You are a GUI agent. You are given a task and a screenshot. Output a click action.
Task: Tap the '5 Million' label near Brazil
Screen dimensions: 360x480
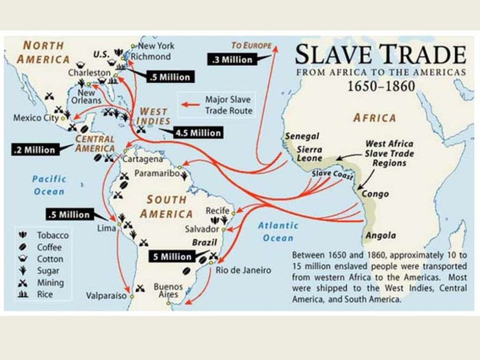pyautogui.click(x=172, y=257)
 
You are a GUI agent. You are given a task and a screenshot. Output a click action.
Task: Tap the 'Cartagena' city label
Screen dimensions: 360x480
pyautogui.click(x=142, y=159)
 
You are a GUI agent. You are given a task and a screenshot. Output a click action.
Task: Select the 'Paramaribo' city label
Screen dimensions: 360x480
pyautogui.click(x=157, y=173)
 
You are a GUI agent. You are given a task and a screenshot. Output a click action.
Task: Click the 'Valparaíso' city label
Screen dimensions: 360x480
pyautogui.click(x=106, y=296)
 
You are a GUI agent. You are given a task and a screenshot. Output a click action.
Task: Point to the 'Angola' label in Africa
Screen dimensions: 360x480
pyautogui.click(x=381, y=236)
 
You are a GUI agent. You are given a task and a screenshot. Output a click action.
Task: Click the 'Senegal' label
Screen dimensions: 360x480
pyautogui.click(x=302, y=136)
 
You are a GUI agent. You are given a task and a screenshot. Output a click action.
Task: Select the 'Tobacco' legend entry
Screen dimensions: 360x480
pyautogui.click(x=52, y=235)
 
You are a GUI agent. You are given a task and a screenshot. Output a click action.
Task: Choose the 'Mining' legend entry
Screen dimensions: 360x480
pyautogui.click(x=50, y=283)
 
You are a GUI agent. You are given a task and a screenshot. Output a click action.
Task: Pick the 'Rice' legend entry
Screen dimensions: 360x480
pyautogui.click(x=45, y=294)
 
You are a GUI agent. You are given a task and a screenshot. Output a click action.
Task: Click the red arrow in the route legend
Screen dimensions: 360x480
pyautogui.click(x=190, y=104)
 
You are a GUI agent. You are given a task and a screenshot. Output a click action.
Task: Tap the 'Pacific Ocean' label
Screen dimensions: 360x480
pyautogui.click(x=49, y=185)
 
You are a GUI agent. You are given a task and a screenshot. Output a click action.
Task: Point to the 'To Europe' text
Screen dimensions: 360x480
pyautogui.click(x=252, y=45)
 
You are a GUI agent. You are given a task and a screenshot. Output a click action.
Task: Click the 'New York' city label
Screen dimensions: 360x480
pyautogui.click(x=156, y=46)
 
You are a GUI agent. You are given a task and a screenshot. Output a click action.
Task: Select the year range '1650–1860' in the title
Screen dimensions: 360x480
pyautogui.click(x=381, y=87)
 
